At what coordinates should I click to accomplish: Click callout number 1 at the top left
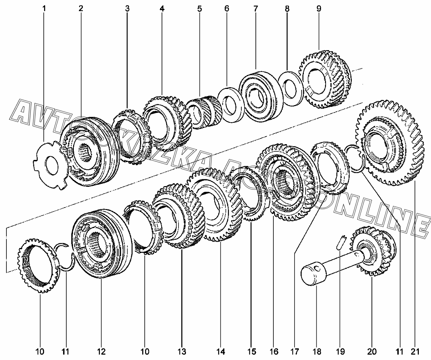(x=44, y=8)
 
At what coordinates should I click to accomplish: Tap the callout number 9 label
(x=319, y=8)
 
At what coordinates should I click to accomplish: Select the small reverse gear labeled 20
(x=374, y=251)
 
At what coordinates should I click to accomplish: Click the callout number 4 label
(x=162, y=8)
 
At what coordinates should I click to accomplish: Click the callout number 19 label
(x=340, y=351)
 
